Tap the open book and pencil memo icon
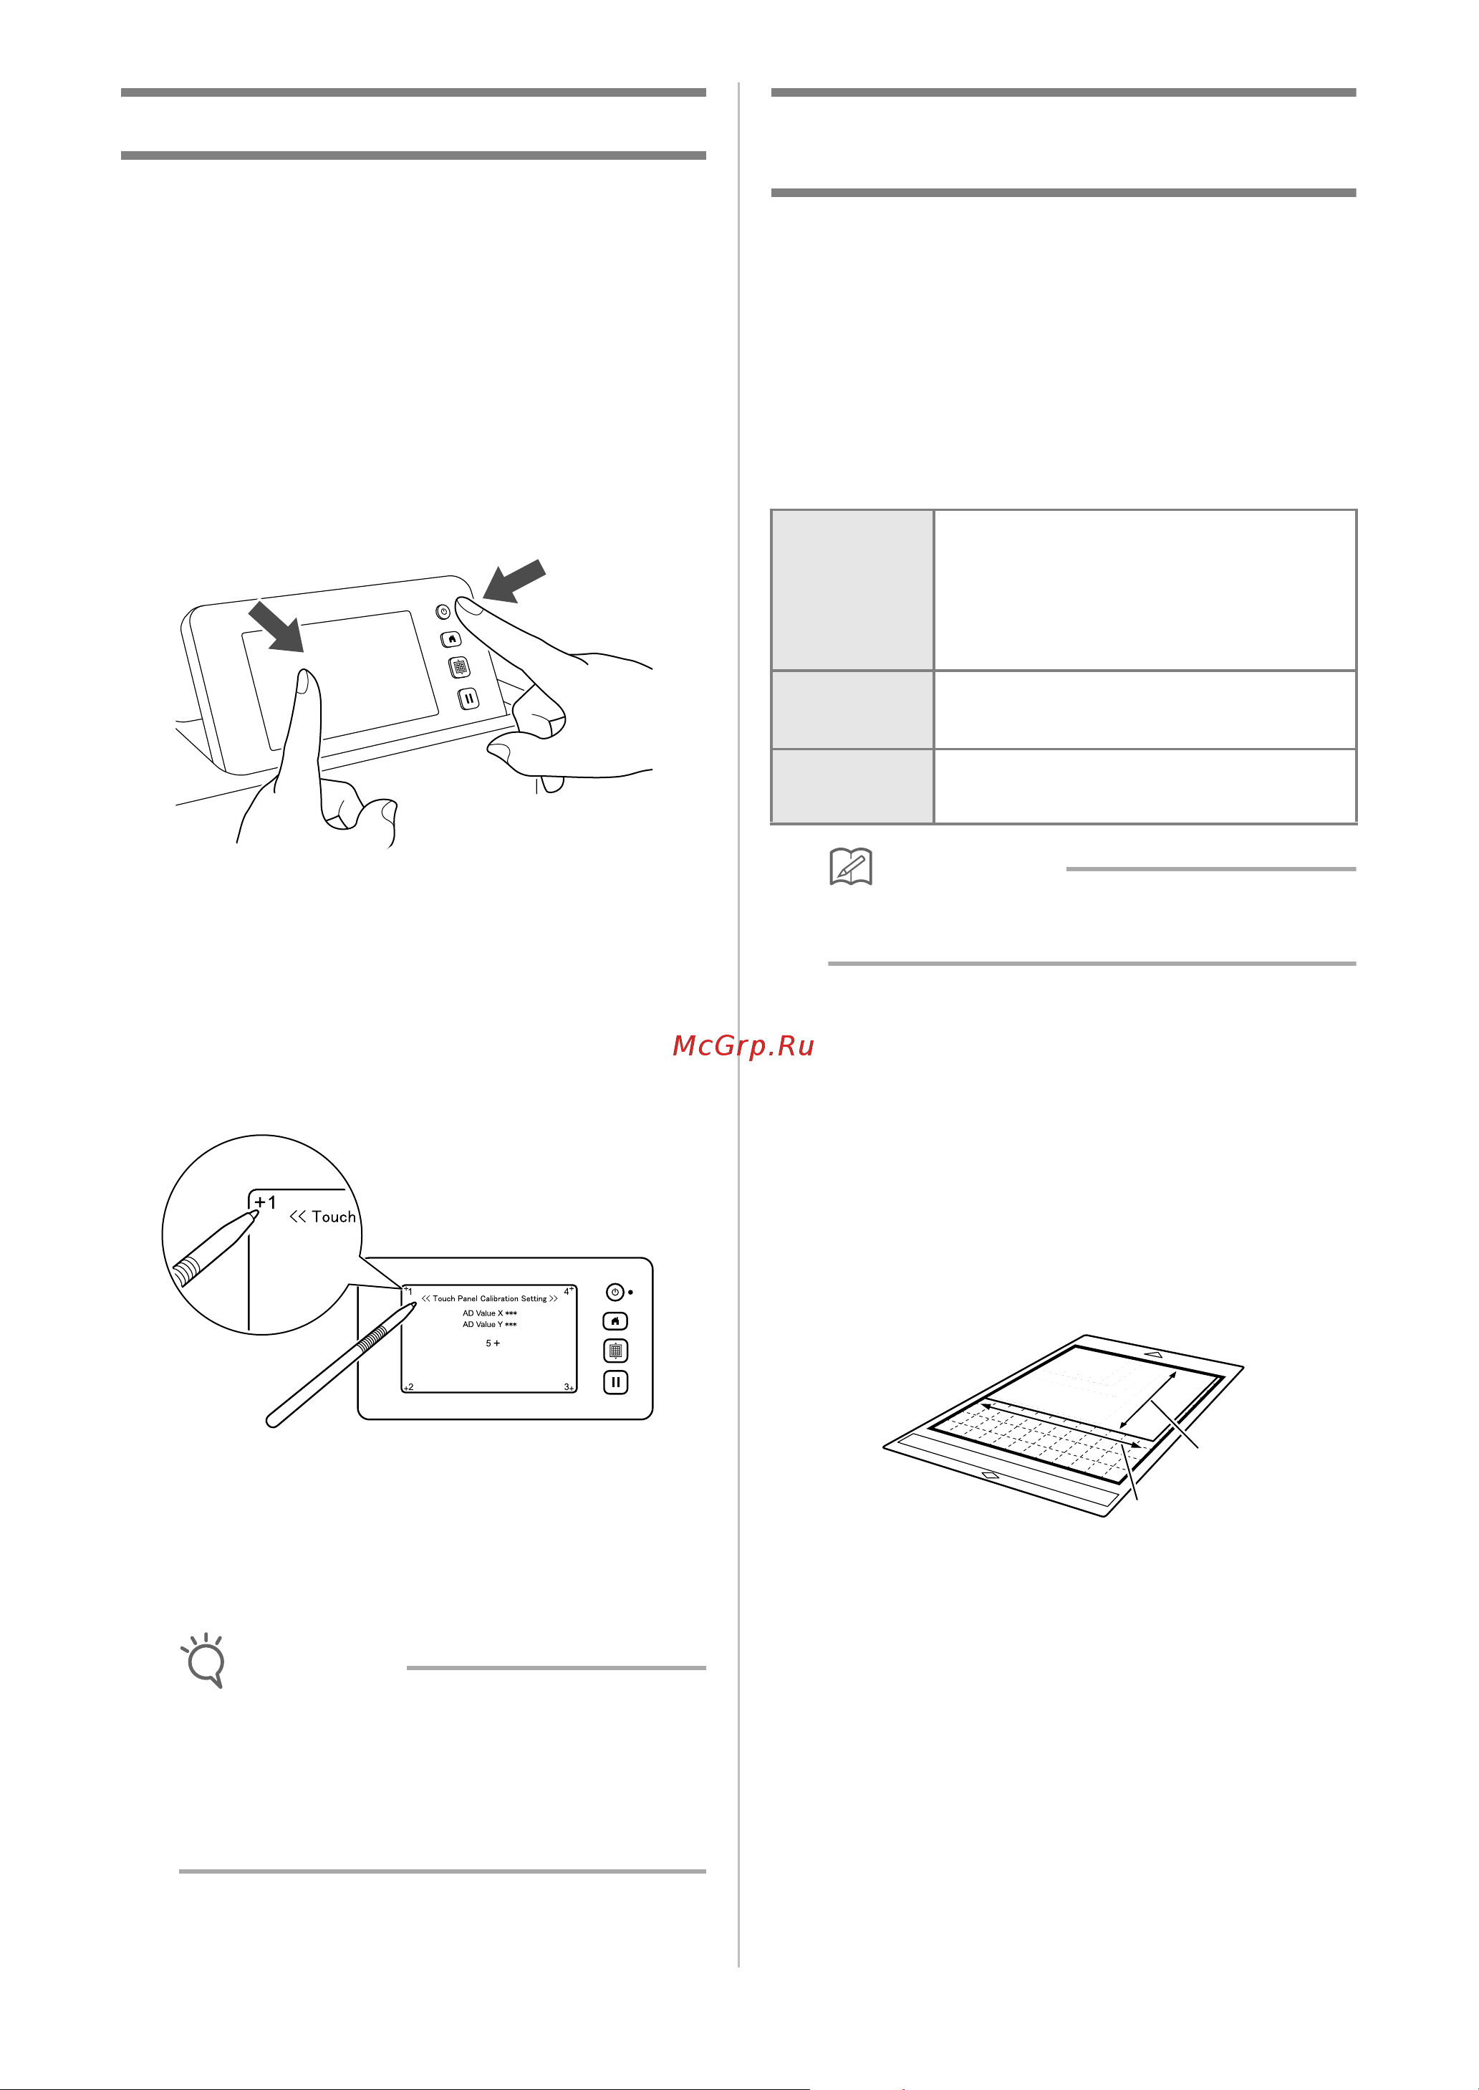851,866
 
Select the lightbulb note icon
205,1660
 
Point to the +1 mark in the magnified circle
265,1202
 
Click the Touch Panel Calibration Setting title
489,1298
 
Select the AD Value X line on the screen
489,1313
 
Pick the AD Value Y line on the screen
489,1324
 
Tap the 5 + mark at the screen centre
493,1343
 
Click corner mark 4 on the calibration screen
568,1291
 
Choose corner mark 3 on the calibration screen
568,1386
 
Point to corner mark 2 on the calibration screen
409,1386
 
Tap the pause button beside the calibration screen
616,1382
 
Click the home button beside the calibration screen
616,1321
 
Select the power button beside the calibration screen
616,1292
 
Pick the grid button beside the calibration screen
616,1351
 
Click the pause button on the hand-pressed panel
468,699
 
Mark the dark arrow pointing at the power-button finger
514,580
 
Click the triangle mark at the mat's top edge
1154,1354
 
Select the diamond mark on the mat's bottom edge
991,1474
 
